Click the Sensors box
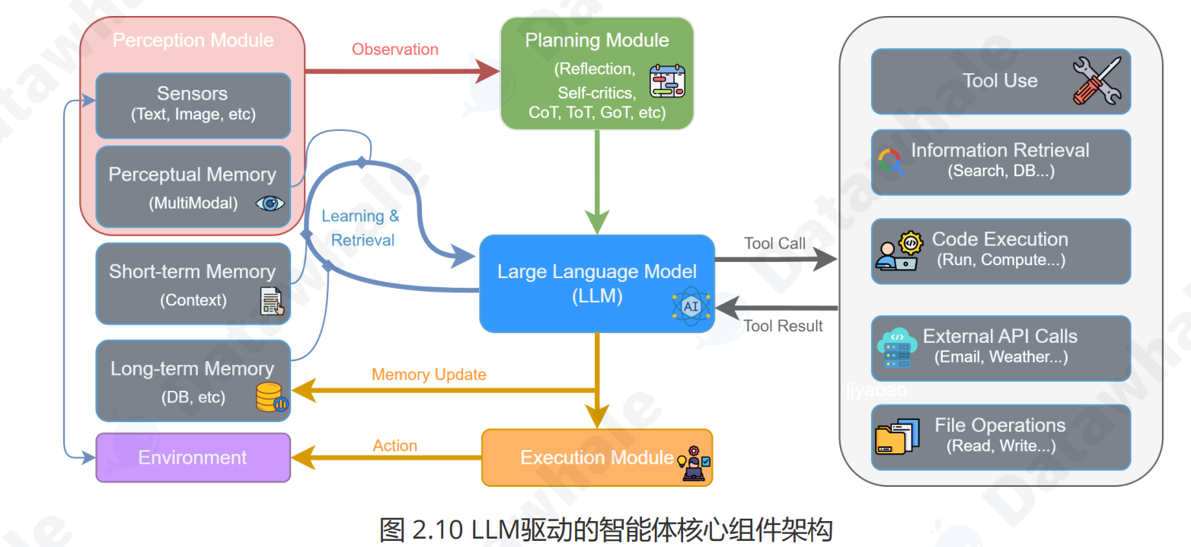[x=193, y=105]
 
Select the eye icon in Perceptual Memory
[x=270, y=203]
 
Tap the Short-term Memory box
[x=193, y=283]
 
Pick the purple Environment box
[x=193, y=457]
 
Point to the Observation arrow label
[x=394, y=50]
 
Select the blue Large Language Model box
[x=596, y=283]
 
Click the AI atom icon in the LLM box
[x=691, y=306]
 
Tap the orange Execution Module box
[x=596, y=457]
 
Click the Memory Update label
[x=429, y=374]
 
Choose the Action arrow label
[x=394, y=446]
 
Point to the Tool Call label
[x=774, y=244]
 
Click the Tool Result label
[x=783, y=326]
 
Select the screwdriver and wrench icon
[x=1097, y=81]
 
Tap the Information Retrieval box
[x=1000, y=162]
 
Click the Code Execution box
[x=1000, y=251]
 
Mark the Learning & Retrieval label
[x=360, y=228]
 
